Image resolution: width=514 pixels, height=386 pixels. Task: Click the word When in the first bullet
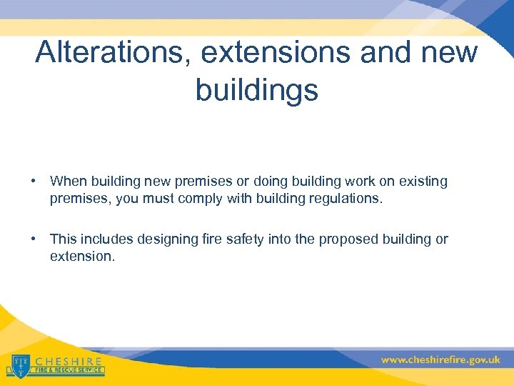pyautogui.click(x=66, y=182)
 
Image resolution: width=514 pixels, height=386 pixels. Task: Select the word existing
pyautogui.click(x=423, y=182)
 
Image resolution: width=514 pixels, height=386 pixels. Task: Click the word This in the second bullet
pyautogui.click(x=63, y=239)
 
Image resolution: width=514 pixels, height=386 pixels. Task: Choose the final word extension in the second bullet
pyautogui.click(x=81, y=255)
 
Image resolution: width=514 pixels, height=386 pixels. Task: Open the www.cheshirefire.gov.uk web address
pyautogui.click(x=440, y=360)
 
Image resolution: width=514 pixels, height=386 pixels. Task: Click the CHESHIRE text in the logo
pyautogui.click(x=69, y=361)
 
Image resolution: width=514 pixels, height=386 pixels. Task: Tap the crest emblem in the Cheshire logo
pyautogui.click(x=19, y=365)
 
